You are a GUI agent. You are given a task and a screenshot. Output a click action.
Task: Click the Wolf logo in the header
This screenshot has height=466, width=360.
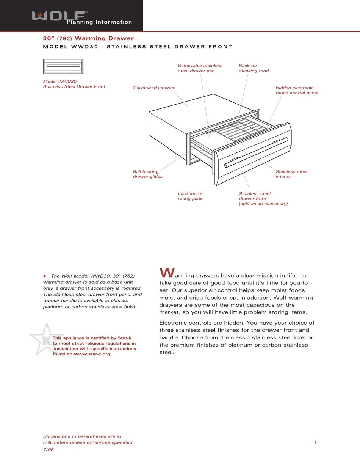(59, 16)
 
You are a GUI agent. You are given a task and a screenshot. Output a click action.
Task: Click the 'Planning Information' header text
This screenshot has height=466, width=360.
(99, 22)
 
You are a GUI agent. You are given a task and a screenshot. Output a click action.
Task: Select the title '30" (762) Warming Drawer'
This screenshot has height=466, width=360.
(88, 38)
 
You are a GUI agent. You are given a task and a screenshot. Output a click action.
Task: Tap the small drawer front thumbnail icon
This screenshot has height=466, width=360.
(63, 66)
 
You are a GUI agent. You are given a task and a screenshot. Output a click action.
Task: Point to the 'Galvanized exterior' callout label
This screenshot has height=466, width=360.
(154, 88)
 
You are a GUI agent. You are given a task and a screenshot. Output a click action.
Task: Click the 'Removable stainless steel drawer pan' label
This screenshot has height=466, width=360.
(200, 68)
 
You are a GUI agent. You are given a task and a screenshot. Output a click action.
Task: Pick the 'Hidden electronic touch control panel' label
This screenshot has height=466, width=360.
(297, 90)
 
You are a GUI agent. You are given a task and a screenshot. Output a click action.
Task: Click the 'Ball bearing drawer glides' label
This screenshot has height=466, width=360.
(148, 174)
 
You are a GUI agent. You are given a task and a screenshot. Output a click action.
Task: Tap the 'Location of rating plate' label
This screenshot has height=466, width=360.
(190, 196)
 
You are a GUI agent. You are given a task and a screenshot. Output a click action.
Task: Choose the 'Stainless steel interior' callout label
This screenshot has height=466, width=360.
(291, 174)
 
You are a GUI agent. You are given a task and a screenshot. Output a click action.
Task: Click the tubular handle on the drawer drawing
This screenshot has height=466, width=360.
(256, 152)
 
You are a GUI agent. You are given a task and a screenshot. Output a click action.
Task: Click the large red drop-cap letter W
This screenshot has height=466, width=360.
(167, 273)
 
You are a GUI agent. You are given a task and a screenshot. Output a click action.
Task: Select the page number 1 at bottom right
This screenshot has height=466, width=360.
(315, 442)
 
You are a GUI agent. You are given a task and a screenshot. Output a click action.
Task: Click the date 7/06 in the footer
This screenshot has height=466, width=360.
(49, 450)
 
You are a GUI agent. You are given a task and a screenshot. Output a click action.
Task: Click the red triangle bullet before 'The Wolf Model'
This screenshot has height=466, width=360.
(45, 276)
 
